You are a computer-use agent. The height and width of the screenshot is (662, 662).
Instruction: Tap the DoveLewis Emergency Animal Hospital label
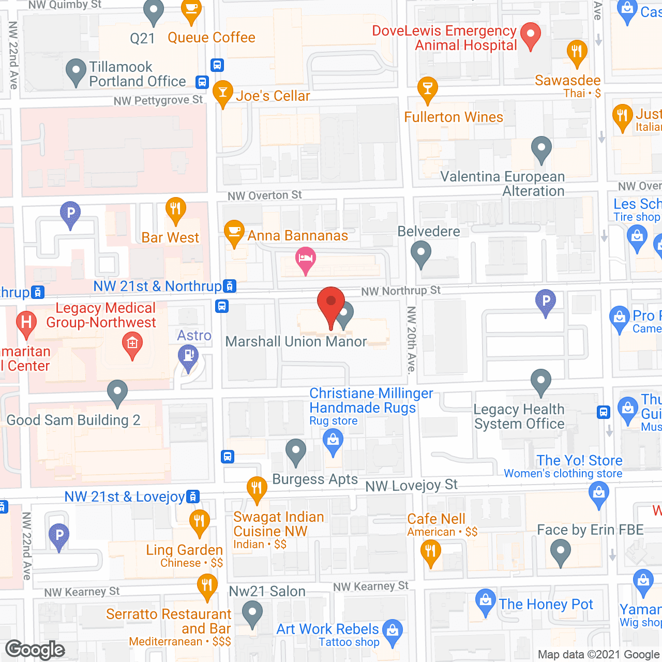[x=444, y=38]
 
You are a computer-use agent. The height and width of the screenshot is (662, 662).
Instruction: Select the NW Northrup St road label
[x=401, y=291]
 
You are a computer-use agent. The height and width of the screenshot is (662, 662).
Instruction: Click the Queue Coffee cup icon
[x=191, y=11]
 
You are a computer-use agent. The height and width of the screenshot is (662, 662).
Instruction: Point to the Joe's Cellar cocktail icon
[x=222, y=93]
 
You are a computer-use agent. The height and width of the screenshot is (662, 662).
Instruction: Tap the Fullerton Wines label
[x=453, y=117]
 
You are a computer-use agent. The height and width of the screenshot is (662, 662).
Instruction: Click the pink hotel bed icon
[x=306, y=260]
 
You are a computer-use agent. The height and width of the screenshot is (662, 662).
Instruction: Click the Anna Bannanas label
[x=297, y=236]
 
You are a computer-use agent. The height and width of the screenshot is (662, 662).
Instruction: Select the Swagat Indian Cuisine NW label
[x=278, y=524]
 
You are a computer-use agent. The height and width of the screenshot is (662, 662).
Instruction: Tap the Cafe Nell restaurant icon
[x=430, y=552]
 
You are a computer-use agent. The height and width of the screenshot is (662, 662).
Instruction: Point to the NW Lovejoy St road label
[x=411, y=485]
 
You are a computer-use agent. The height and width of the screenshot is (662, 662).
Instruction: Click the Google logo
[x=35, y=649]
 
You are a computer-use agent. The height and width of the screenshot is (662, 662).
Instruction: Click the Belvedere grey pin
[x=420, y=254]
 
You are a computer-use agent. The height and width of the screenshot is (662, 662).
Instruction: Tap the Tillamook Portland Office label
[x=137, y=74]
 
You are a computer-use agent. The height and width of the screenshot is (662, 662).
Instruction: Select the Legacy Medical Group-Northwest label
[x=101, y=315]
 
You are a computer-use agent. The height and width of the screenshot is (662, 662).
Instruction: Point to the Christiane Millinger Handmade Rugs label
[x=371, y=400]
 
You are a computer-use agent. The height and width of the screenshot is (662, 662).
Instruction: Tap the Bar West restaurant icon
[x=175, y=209]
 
